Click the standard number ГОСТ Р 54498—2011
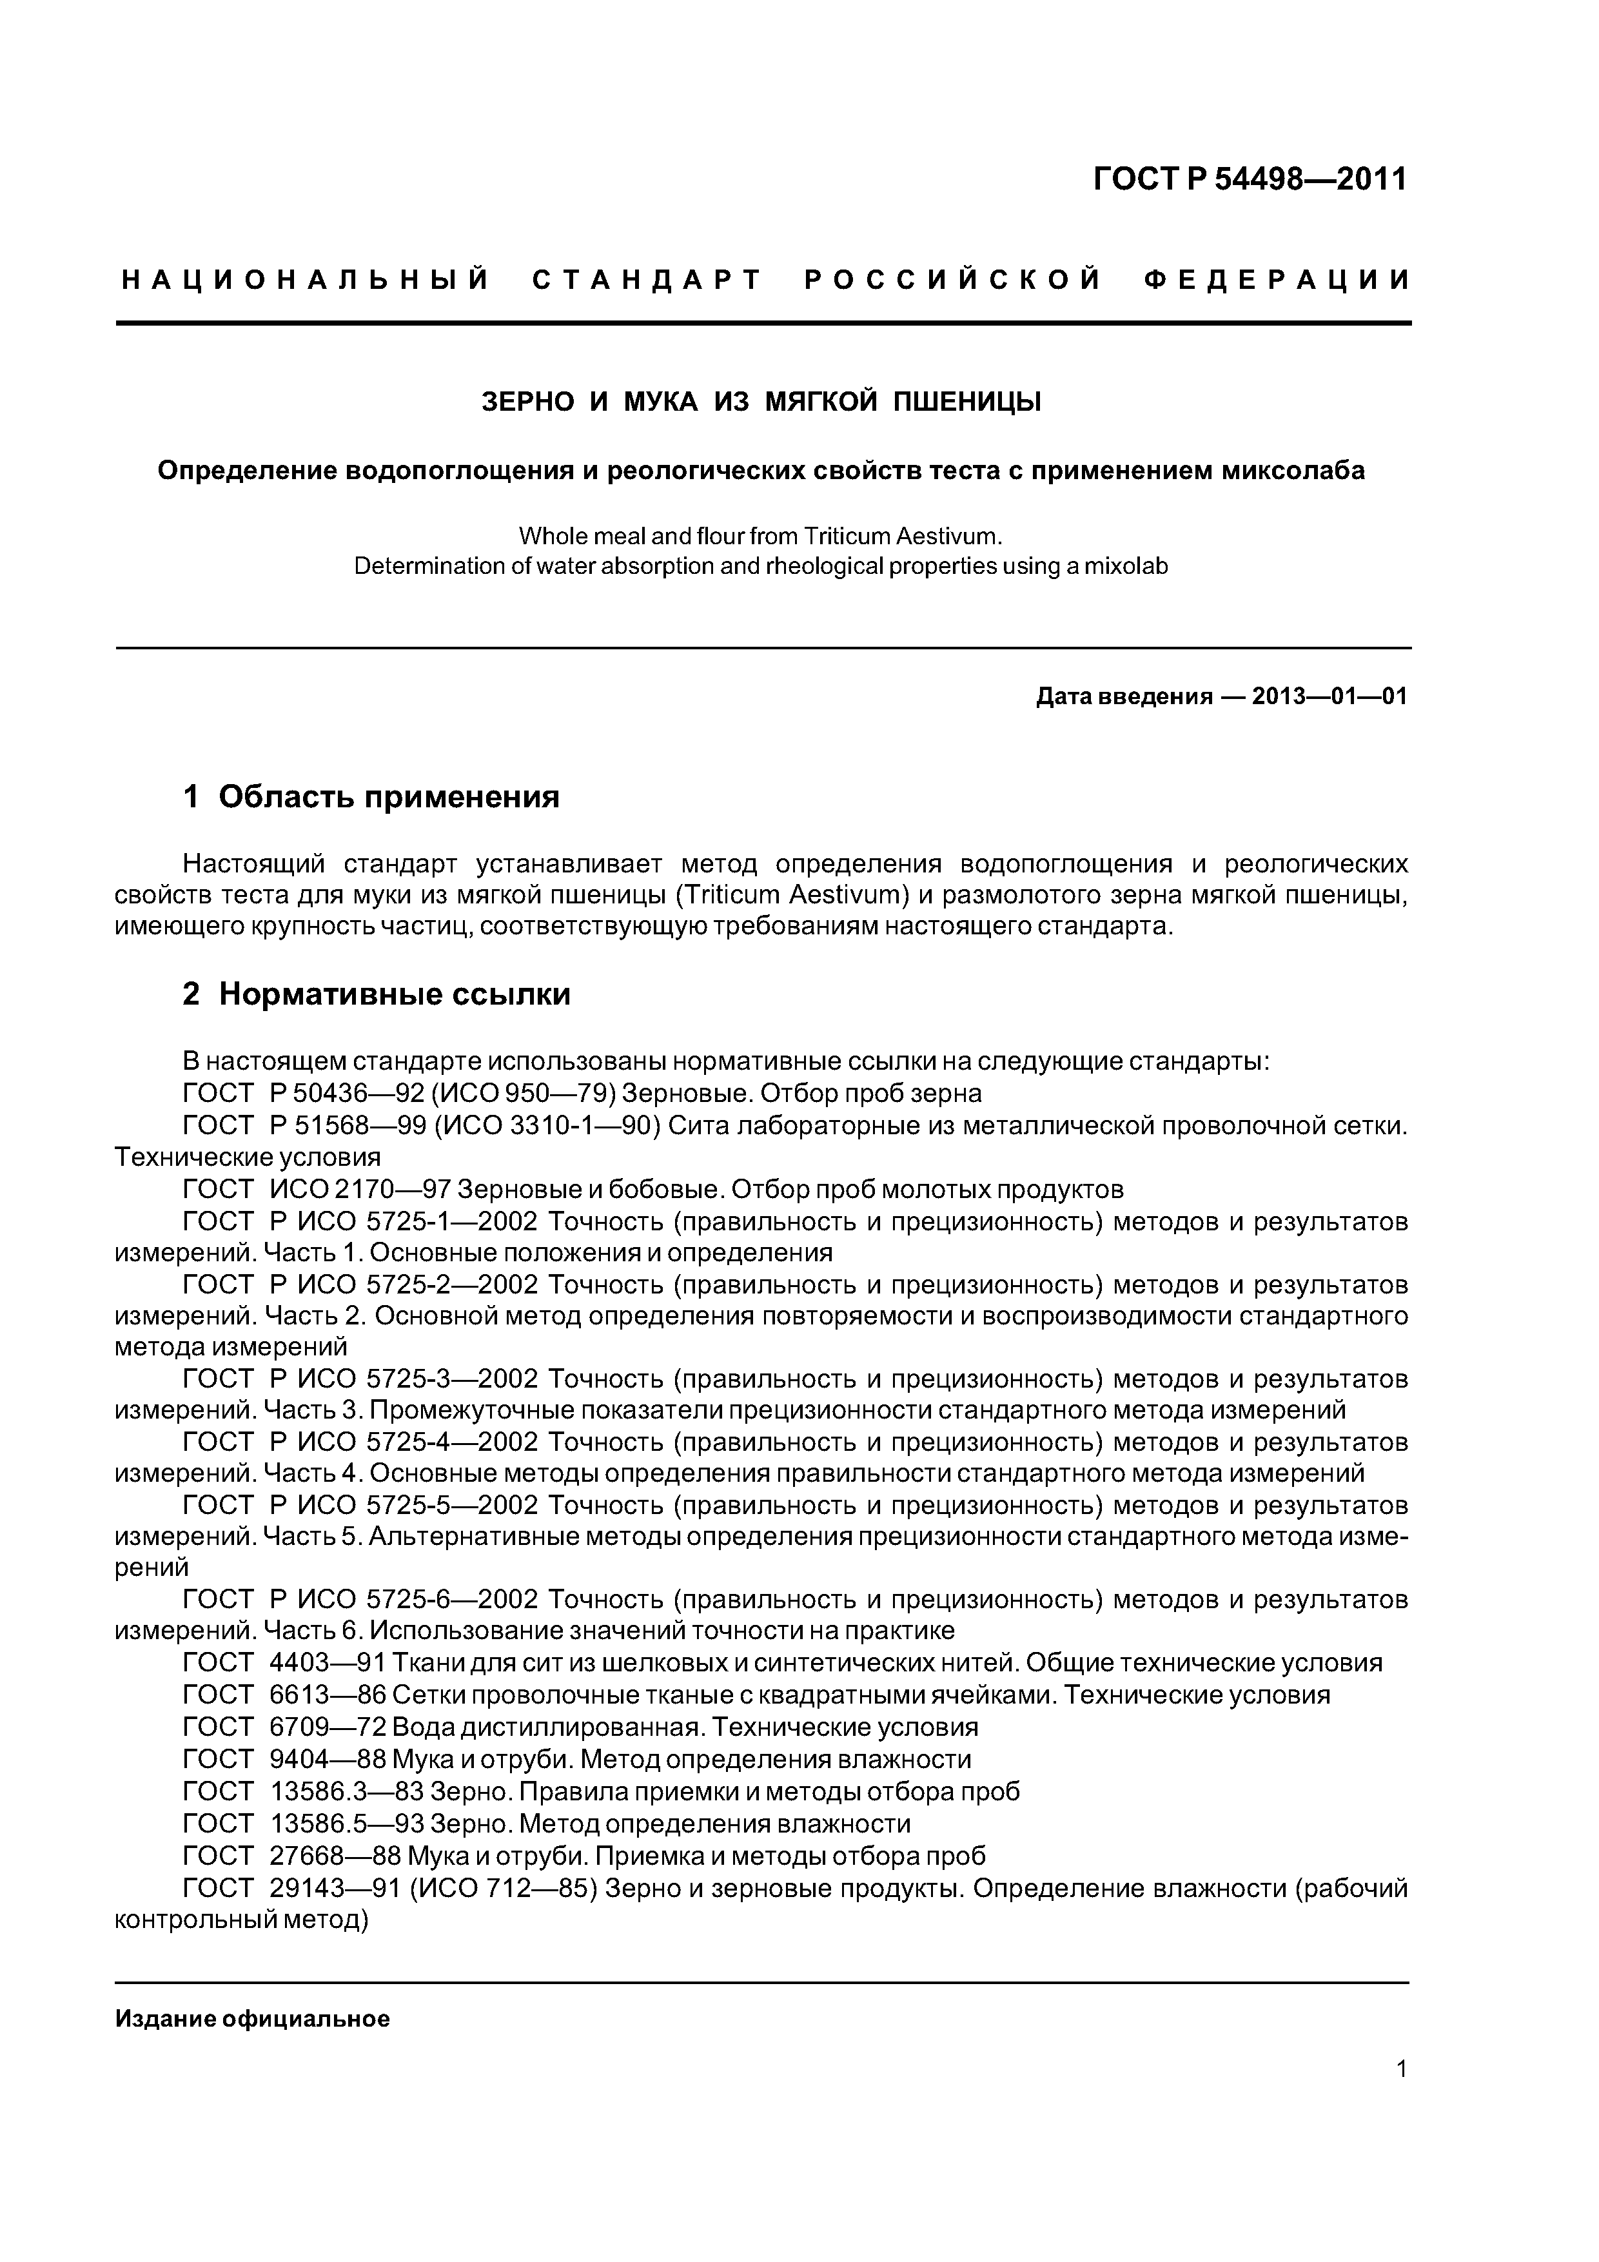pos(1250,179)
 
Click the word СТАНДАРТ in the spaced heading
pos(647,280)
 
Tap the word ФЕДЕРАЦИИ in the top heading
pos(1278,280)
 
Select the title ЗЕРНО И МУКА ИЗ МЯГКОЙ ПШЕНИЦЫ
pos(761,402)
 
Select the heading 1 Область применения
pos(371,796)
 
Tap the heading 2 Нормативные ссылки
pos(377,994)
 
